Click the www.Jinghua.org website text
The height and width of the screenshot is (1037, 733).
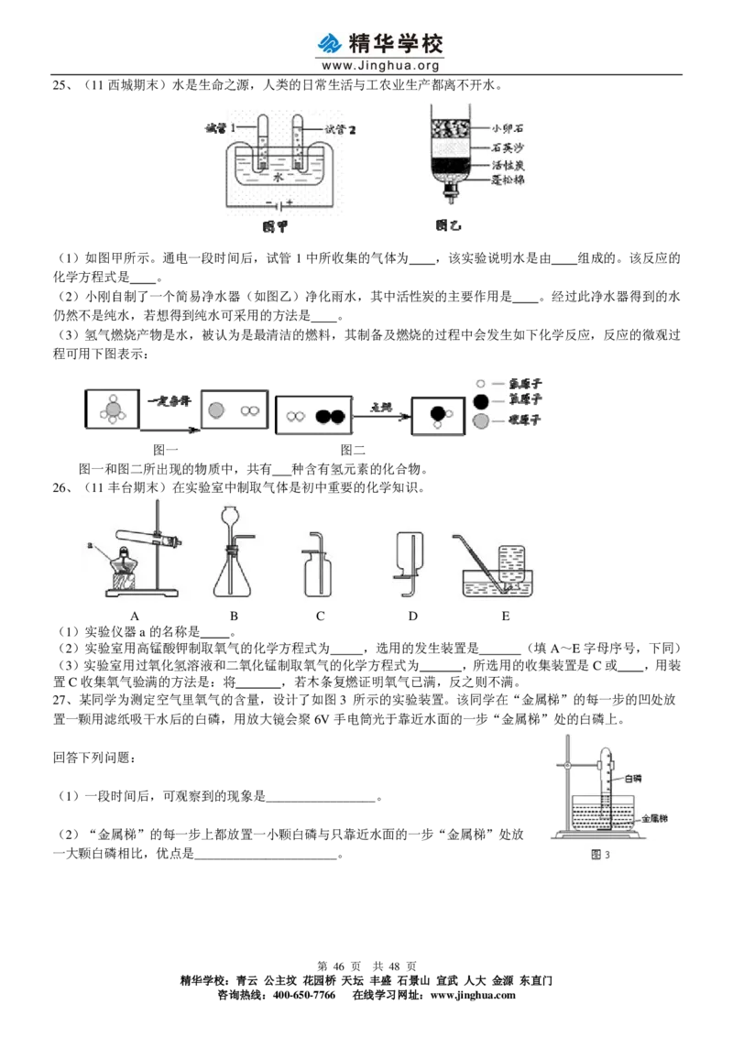pos(383,66)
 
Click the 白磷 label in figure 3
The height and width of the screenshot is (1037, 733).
pos(633,777)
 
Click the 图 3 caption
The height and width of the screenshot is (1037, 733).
pos(602,856)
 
